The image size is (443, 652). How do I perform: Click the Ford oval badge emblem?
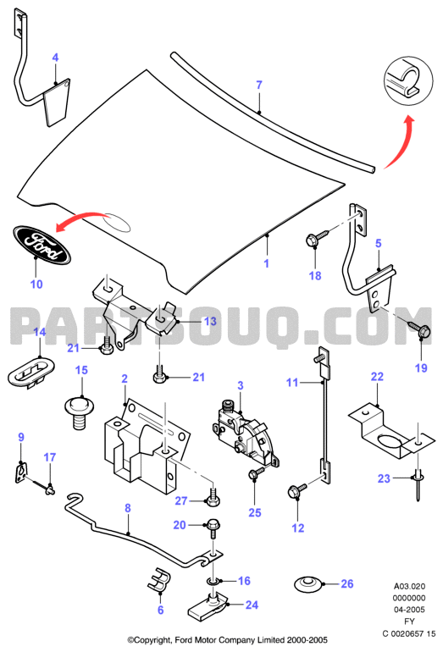(x=42, y=245)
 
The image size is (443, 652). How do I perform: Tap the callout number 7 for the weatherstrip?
(x=259, y=85)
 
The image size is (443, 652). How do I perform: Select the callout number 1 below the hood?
(x=266, y=263)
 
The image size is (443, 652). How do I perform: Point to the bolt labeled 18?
(x=318, y=238)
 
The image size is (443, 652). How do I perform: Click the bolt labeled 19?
(x=419, y=329)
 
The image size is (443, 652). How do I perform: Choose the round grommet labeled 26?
(x=308, y=583)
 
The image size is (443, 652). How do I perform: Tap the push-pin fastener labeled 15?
(x=79, y=413)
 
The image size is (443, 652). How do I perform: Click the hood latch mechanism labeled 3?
(x=246, y=433)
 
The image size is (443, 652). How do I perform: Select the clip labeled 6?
(x=159, y=579)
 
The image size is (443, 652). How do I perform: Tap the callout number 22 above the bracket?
(x=377, y=377)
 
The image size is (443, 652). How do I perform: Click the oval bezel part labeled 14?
(x=31, y=373)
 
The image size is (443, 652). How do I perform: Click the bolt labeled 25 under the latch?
(x=257, y=472)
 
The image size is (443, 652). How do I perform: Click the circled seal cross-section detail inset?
(x=408, y=80)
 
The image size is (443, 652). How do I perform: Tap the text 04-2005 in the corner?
(x=409, y=610)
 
